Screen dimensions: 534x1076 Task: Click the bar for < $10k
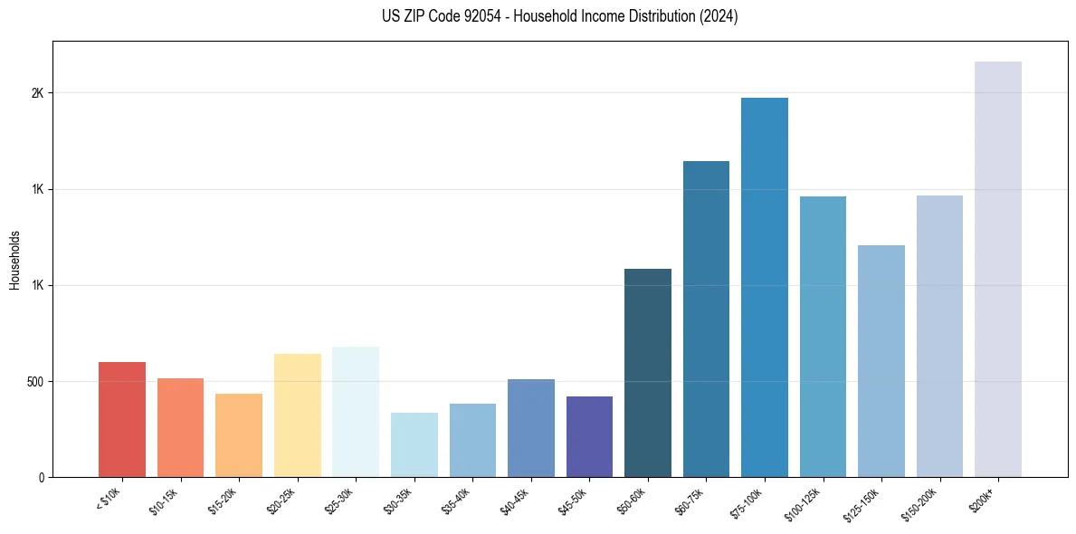click(122, 419)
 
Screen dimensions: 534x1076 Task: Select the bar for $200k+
click(998, 269)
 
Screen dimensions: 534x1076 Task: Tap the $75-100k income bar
click(765, 287)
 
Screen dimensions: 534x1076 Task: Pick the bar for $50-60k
click(648, 373)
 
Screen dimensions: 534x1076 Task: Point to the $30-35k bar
click(414, 444)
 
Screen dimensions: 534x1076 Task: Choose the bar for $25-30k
click(356, 412)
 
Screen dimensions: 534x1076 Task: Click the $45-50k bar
click(589, 436)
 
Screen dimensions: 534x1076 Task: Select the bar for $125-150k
click(881, 361)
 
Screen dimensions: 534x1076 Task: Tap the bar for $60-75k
click(706, 319)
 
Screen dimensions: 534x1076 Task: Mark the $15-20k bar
click(239, 435)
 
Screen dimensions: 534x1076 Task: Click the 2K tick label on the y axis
click(37, 93)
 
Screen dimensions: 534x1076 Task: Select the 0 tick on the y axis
click(41, 477)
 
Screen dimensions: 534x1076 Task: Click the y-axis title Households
click(14, 260)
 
